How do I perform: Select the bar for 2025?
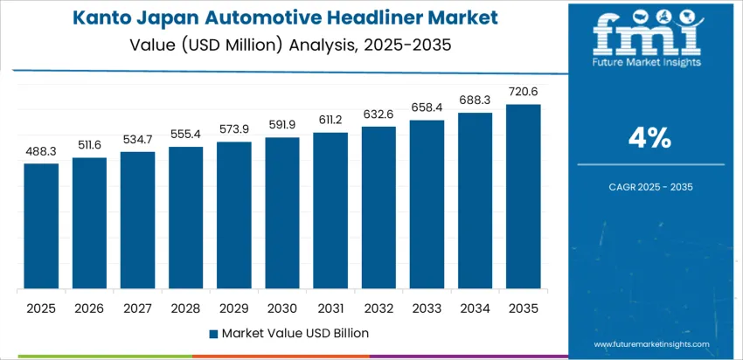pyautogui.click(x=41, y=226)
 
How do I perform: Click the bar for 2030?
pyautogui.click(x=282, y=213)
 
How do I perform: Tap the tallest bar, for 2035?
pyautogui.click(x=524, y=197)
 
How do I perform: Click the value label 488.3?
pyautogui.click(x=41, y=152)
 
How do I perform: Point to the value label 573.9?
pyautogui.click(x=234, y=130)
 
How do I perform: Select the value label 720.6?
pyautogui.click(x=524, y=93)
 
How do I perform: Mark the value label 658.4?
pyautogui.click(x=427, y=108)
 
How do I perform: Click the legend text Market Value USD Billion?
pyautogui.click(x=295, y=333)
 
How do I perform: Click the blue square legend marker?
pyautogui.click(x=214, y=333)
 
